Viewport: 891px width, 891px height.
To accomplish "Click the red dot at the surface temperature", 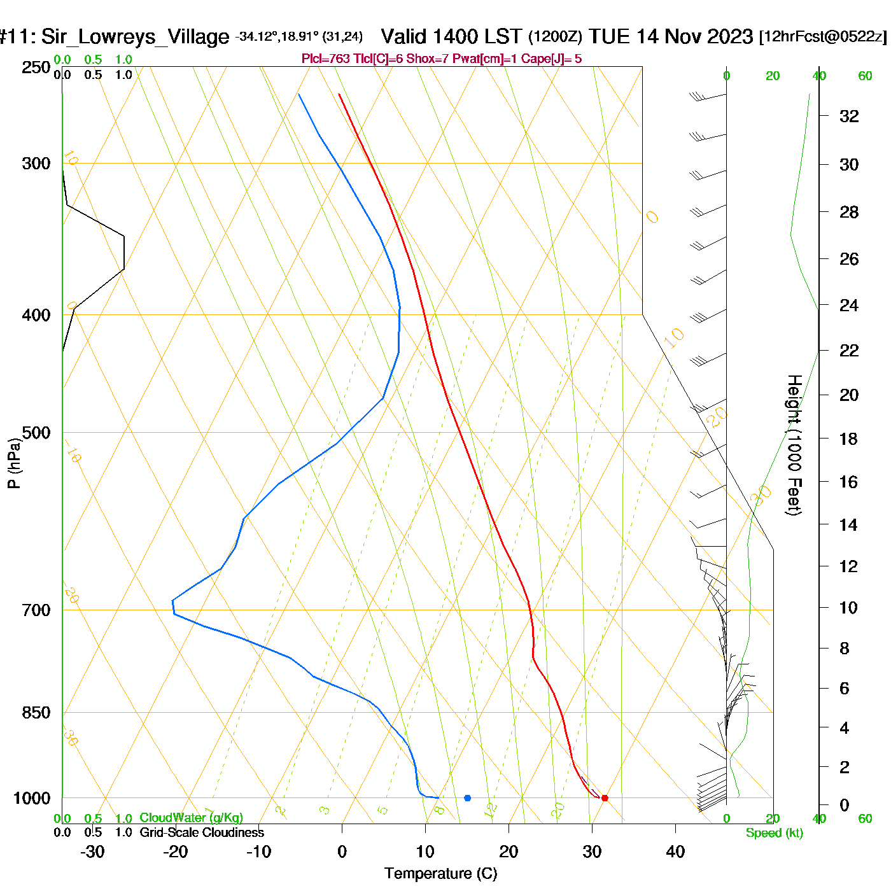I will pos(605,798).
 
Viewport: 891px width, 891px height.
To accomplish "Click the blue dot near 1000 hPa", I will pos(468,798).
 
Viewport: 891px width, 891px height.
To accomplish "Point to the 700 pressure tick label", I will pos(36,610).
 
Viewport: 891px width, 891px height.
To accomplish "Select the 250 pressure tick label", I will pos(36,67).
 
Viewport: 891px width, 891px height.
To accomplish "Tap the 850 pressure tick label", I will pos(36,713).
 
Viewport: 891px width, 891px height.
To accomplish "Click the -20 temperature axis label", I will pos(175,852).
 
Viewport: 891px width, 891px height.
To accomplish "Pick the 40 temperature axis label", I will pos(675,852).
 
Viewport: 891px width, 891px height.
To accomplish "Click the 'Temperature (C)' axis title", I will pos(440,874).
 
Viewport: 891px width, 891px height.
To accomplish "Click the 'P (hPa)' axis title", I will pos(14,463).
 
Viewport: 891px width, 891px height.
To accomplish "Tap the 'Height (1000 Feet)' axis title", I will pos(794,445).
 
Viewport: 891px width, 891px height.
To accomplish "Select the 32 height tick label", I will pos(849,116).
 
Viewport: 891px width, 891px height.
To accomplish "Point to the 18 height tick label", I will pos(849,439).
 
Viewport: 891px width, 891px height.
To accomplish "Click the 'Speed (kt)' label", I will pos(775,833).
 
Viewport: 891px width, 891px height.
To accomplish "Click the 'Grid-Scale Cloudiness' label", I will pos(202,832).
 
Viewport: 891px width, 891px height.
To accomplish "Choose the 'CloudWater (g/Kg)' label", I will pos(191,818).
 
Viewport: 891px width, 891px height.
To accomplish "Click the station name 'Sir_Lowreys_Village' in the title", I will pos(135,37).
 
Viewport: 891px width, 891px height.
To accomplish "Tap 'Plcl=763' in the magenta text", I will pos(326,59).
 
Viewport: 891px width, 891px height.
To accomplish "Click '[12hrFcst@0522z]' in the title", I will pos(822,37).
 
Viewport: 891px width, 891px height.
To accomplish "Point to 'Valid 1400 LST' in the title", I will pos(451,36).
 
